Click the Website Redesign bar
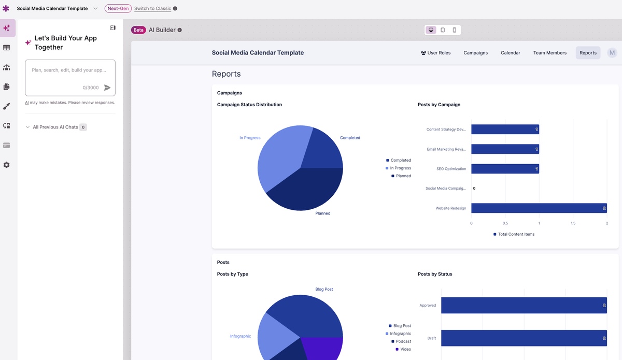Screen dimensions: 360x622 [539, 208]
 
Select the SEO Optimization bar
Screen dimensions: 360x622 [505, 169]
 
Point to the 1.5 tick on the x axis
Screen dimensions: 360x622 [573, 223]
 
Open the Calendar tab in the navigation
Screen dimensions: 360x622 [510, 53]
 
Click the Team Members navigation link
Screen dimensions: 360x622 [549, 53]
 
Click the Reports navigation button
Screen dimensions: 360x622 [588, 53]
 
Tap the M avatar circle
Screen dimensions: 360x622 [612, 53]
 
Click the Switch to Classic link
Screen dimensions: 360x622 [152, 9]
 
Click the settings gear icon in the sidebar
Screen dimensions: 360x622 [7, 165]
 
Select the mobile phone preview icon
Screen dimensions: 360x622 [455, 30]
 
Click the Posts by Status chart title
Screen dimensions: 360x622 [435, 274]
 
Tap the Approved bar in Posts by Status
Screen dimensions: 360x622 [524, 306]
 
